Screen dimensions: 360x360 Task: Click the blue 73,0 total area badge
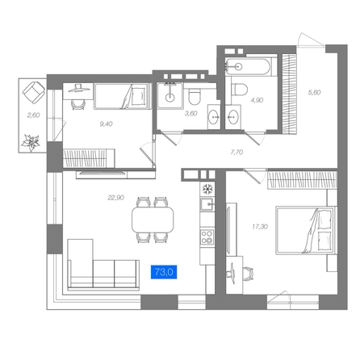(x=164, y=272)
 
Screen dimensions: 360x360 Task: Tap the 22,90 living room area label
(x=115, y=198)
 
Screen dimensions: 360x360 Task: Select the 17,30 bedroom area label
(x=260, y=227)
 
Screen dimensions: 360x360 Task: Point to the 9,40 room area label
(x=106, y=124)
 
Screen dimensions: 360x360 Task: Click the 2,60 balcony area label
(x=33, y=115)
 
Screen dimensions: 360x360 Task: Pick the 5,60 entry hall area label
(x=314, y=92)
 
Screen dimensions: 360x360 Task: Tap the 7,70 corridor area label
(x=237, y=153)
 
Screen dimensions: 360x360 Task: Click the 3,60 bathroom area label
(x=190, y=114)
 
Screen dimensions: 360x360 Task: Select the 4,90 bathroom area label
(x=257, y=100)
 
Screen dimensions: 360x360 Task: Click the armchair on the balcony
(x=34, y=92)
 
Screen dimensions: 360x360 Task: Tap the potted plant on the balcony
(x=31, y=143)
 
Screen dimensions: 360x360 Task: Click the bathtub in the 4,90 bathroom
(x=247, y=66)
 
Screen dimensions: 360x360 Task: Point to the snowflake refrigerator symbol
(x=207, y=189)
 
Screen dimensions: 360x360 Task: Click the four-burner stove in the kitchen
(x=207, y=237)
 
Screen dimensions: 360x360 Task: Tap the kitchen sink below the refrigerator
(x=207, y=204)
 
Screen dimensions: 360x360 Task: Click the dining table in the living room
(x=153, y=220)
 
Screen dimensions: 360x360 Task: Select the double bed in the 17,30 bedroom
(x=306, y=230)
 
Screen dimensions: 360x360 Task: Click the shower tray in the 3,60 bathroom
(x=170, y=95)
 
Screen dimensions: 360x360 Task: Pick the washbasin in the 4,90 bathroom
(x=232, y=117)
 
